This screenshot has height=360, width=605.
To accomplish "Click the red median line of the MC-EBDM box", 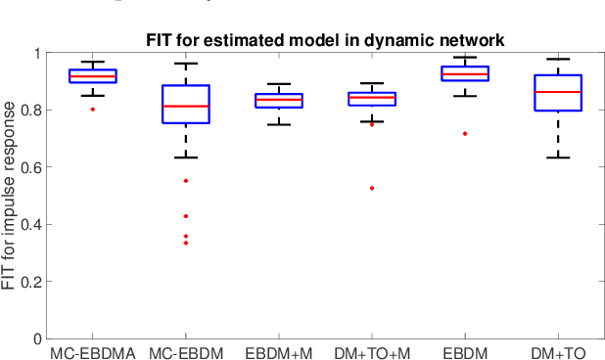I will point(186,106).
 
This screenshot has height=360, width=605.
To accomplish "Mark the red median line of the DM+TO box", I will point(558,92).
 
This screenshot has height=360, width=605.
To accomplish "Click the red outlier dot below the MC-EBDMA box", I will point(93,110).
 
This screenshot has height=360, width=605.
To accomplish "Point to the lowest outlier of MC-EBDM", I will point(186,243).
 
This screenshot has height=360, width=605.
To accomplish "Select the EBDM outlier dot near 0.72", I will point(465,133).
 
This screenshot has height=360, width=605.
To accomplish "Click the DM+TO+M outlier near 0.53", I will point(372,188).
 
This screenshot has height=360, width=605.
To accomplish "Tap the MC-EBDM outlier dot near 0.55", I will point(186,181).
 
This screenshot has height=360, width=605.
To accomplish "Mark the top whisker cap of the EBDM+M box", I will point(279,84).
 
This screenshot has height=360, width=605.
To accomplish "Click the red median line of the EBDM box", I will point(465,74).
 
